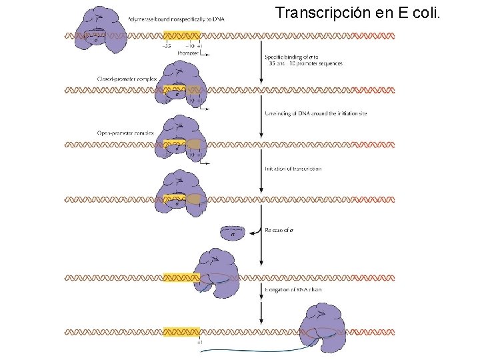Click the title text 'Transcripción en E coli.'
tap(357, 13)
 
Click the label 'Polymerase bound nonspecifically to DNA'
tap(175, 19)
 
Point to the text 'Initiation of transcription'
tap(293, 169)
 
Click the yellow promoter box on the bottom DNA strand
tap(181, 331)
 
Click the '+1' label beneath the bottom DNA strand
tap(200, 341)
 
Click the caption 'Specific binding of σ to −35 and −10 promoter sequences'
tap(303, 60)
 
